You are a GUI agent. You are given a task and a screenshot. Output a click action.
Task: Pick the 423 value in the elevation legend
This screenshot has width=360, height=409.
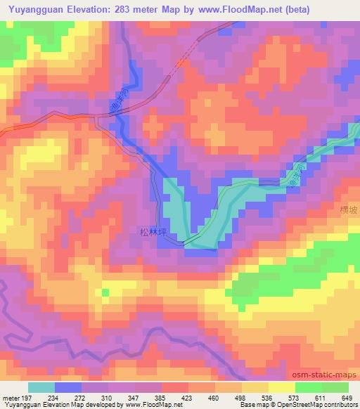188,398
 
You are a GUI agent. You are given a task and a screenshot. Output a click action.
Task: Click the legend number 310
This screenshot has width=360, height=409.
108,398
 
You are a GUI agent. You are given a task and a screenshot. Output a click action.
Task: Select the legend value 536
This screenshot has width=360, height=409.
268,398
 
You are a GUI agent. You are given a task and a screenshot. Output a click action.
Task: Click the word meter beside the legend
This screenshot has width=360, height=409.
10,398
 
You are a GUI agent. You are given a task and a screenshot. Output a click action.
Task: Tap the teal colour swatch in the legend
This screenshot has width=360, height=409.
41,388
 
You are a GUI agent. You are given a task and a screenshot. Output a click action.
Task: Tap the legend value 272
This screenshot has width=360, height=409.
81,398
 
